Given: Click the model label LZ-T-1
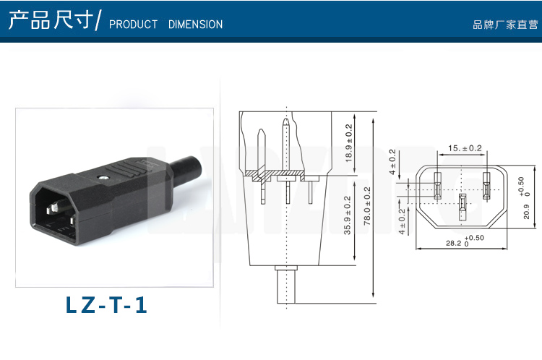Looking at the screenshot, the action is pyautogui.click(x=106, y=304).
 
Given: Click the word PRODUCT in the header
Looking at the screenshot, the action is pyautogui.click(x=133, y=25).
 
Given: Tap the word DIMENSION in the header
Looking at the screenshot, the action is pyautogui.click(x=195, y=25).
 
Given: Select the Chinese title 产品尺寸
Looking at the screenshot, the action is pyautogui.click(x=51, y=20).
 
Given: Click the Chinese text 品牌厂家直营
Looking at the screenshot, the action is pyautogui.click(x=505, y=25).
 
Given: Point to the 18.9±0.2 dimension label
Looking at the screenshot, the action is pyautogui.click(x=349, y=143).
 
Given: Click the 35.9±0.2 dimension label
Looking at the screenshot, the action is pyautogui.click(x=348, y=215).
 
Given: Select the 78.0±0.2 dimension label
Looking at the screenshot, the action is pyautogui.click(x=367, y=207).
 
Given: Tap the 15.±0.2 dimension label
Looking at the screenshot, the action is pyautogui.click(x=465, y=148).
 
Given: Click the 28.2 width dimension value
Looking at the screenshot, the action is pyautogui.click(x=453, y=243).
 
